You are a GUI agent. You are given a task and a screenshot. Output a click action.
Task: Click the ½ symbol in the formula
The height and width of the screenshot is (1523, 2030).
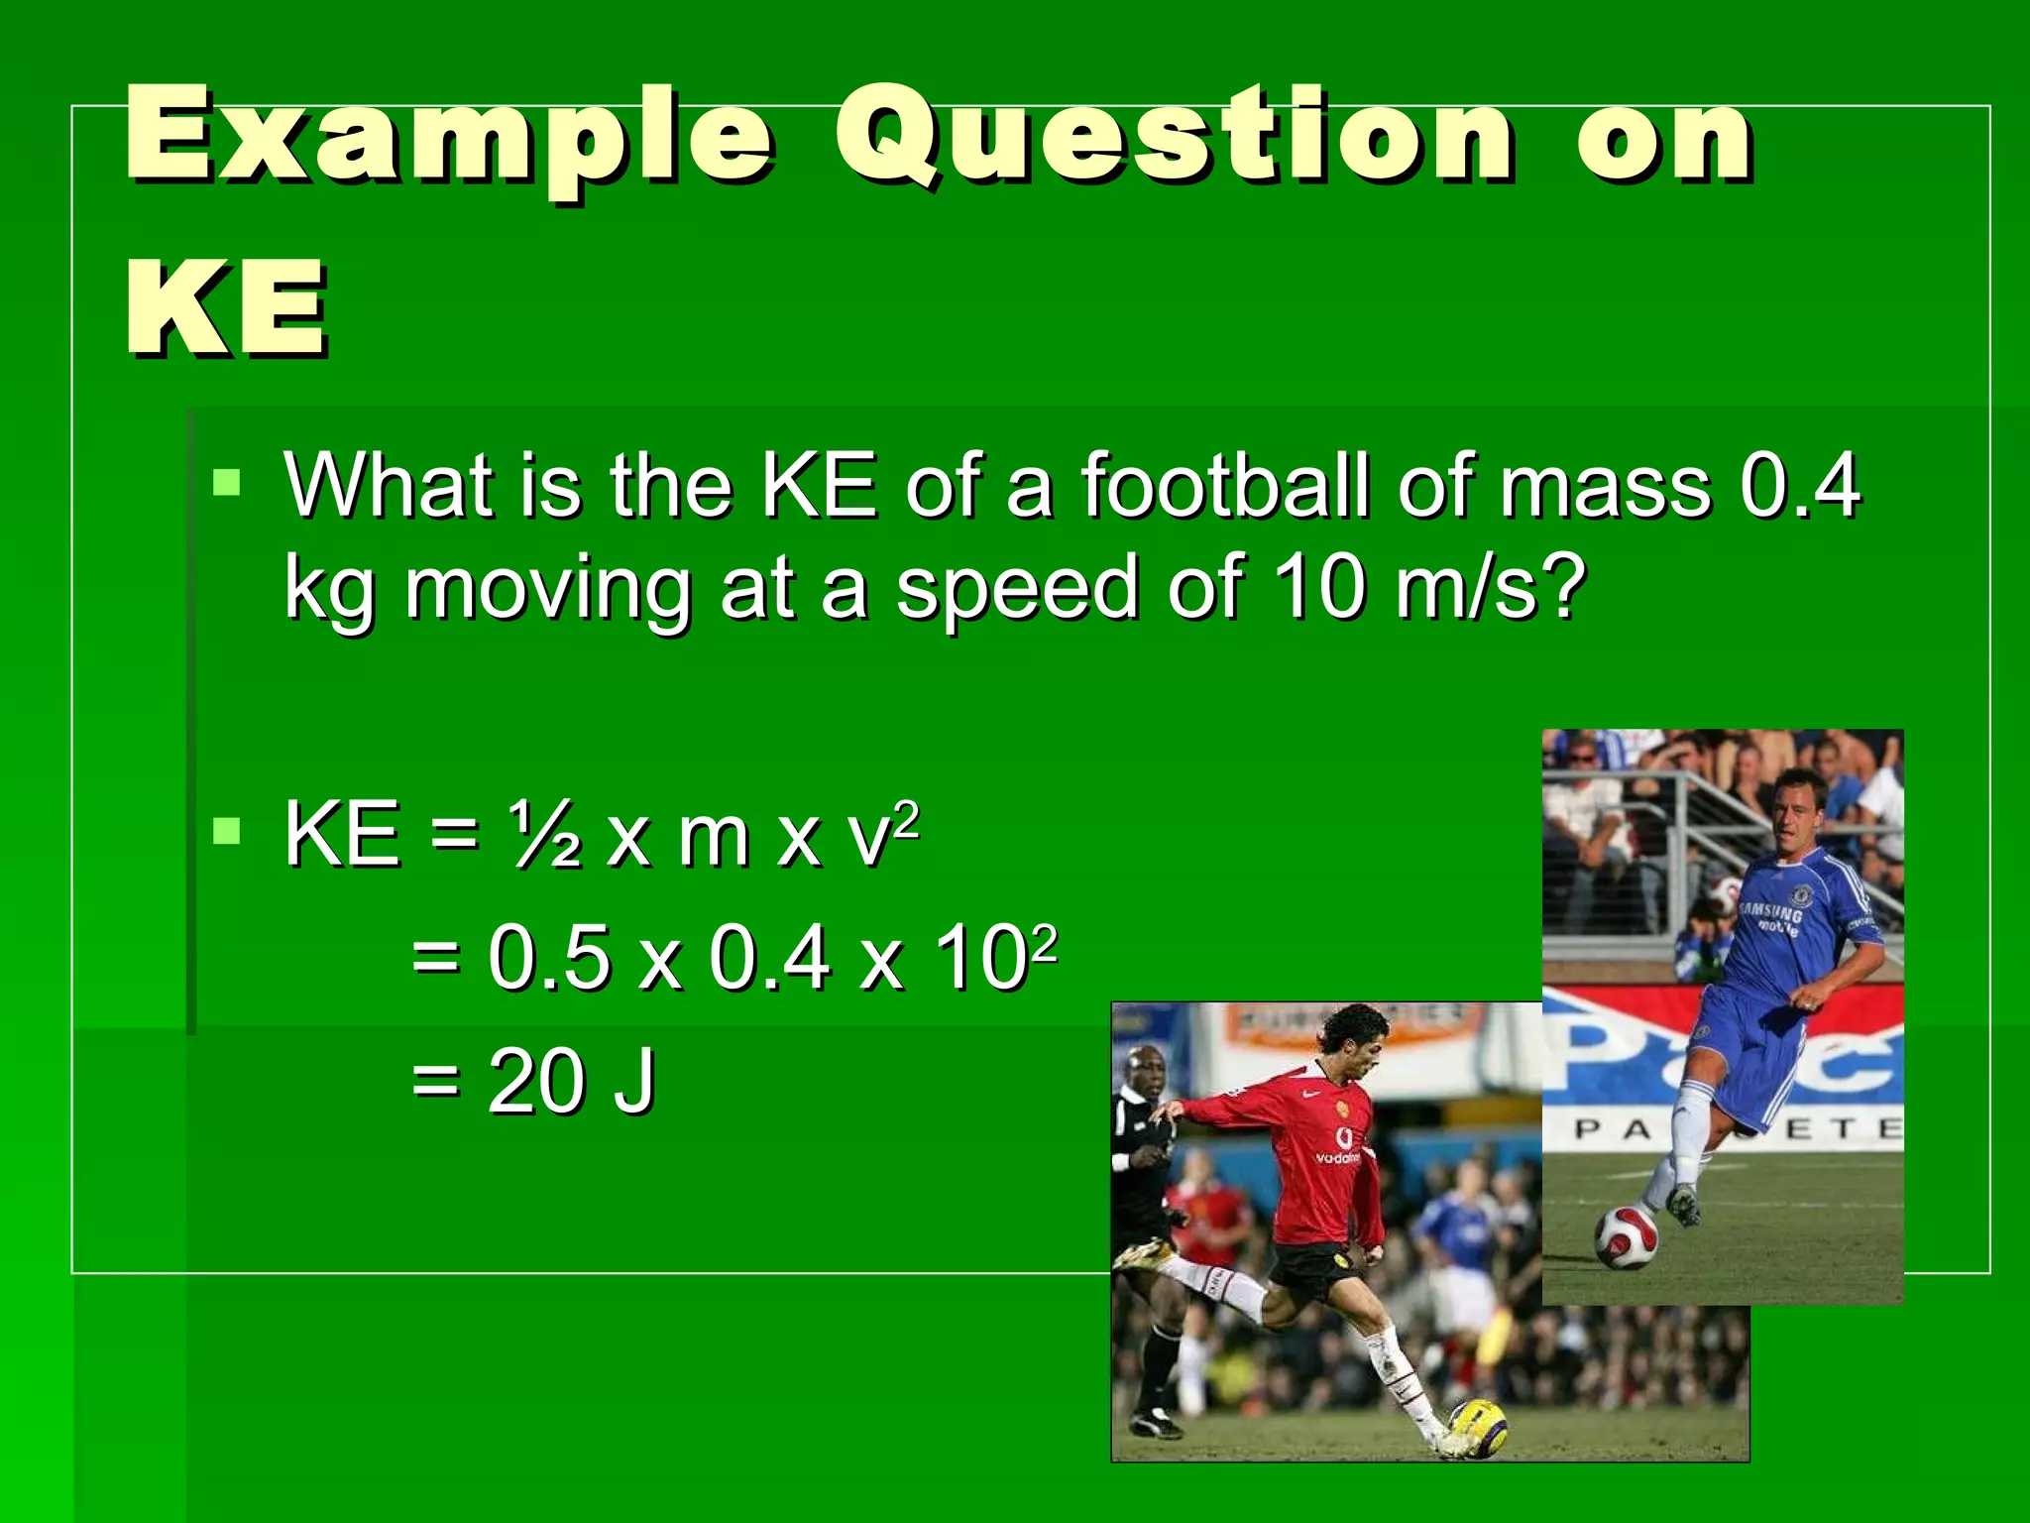click(546, 836)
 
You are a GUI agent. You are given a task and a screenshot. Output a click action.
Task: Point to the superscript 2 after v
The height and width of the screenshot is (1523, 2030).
click(907, 818)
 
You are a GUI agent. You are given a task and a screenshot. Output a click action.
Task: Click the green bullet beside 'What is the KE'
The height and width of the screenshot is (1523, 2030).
click(226, 484)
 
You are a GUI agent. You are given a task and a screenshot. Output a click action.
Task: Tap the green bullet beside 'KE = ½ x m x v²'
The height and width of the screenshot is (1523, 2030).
click(226, 831)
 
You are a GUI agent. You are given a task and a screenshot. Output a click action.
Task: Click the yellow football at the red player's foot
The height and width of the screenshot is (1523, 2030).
click(1477, 1426)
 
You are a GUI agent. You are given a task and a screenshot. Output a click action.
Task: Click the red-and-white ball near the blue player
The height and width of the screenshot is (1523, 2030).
click(1626, 1238)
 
